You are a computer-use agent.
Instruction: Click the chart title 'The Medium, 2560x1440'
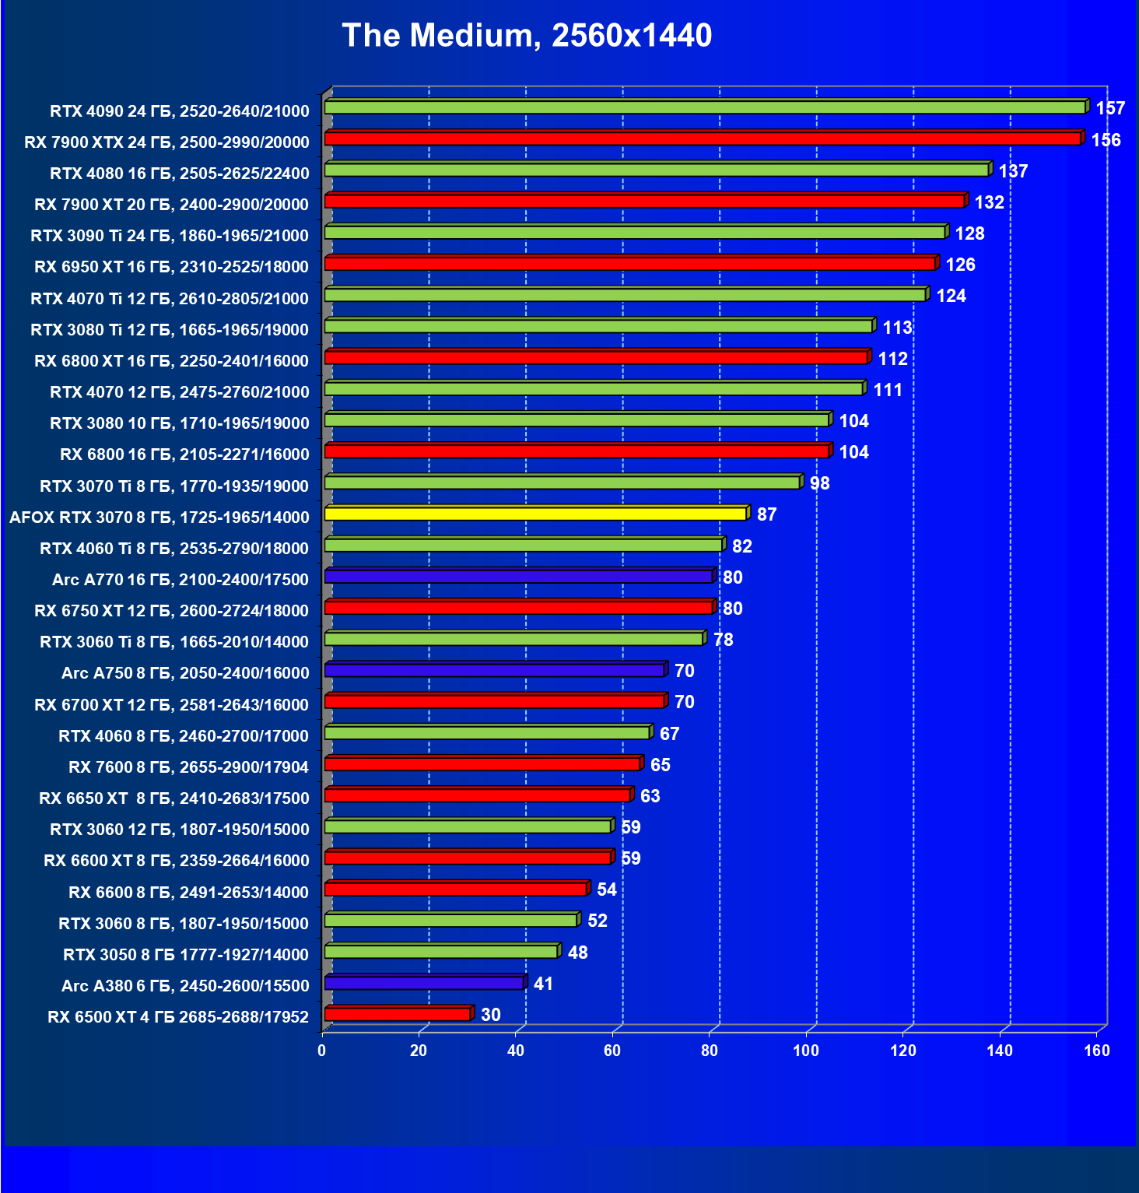click(x=527, y=36)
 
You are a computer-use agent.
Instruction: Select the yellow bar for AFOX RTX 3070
click(x=535, y=514)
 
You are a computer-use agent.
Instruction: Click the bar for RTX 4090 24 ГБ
click(x=705, y=107)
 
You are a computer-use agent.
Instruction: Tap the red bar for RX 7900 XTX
click(x=703, y=139)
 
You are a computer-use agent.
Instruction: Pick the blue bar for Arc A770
click(x=519, y=577)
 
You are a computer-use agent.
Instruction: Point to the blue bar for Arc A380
click(x=424, y=984)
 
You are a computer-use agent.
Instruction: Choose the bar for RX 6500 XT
click(x=398, y=1015)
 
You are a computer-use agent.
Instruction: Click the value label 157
click(x=1110, y=108)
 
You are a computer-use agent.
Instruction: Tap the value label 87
click(x=766, y=514)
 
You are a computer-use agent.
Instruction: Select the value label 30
click(x=490, y=1015)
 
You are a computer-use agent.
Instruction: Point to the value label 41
click(x=543, y=984)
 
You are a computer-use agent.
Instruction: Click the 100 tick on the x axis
click(x=806, y=1051)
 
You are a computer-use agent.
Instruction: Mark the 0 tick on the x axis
click(x=322, y=1051)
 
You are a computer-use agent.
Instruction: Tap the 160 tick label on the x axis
click(x=1096, y=1051)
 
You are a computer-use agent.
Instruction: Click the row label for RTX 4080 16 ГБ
click(x=180, y=174)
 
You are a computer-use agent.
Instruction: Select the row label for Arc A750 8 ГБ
click(x=185, y=673)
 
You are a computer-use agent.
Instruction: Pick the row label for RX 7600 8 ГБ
click(x=188, y=767)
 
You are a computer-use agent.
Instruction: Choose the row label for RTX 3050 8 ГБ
click(x=186, y=955)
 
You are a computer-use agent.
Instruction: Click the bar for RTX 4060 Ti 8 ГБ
click(x=524, y=546)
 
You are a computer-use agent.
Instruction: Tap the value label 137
click(x=1013, y=171)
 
